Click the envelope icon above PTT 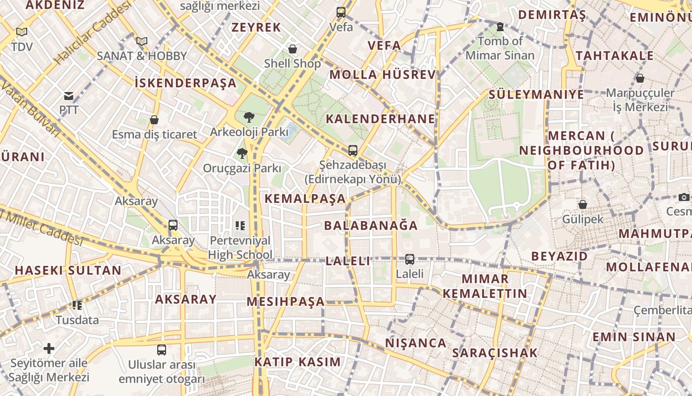point(69,96)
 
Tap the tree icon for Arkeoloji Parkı point(249,117)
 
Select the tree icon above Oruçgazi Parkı point(242,153)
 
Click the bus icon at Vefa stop point(341,12)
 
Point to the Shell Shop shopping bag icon point(293,49)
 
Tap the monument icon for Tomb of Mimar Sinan point(500,27)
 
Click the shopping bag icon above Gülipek point(583,204)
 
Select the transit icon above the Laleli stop point(409,259)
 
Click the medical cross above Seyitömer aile point(49,348)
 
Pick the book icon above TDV point(21,32)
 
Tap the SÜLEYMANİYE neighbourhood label point(536,94)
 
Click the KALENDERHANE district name point(381,119)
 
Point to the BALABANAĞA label point(371,226)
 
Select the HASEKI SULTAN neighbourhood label point(68,270)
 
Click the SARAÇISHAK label point(494,353)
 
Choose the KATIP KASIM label point(298,362)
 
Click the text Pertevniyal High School point(240,247)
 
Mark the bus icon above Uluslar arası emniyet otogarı point(162,350)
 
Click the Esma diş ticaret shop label point(154,134)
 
